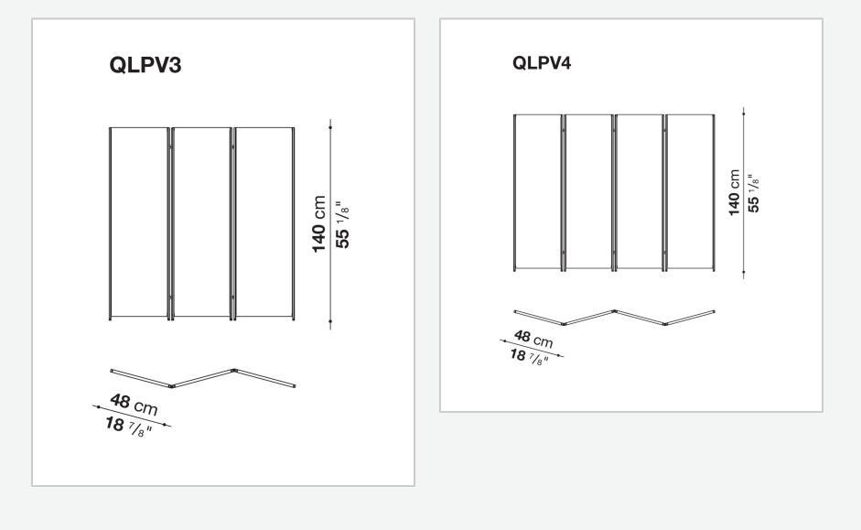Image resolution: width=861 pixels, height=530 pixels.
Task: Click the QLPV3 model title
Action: coord(145,65)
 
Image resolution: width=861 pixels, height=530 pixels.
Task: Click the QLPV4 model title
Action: coord(542,62)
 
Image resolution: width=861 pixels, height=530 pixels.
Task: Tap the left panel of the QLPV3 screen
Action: coord(139,223)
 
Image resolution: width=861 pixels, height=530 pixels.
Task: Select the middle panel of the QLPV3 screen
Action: coord(201,223)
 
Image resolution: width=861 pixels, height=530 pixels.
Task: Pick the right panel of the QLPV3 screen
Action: coord(264,223)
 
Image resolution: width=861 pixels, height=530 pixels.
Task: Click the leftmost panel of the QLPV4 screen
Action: coord(538,193)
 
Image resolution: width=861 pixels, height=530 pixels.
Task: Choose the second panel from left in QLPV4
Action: coord(588,193)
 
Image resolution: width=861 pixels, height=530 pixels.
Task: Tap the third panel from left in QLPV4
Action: coord(640,193)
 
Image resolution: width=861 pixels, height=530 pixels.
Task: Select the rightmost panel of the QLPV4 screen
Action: coord(690,193)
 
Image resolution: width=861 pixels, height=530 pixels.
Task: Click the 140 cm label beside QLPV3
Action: coord(318,224)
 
